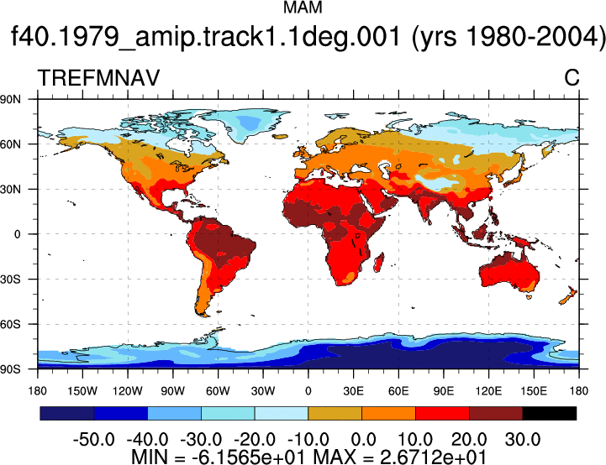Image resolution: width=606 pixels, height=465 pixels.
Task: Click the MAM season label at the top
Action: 303,8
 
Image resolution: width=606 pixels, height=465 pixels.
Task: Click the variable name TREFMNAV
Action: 98,78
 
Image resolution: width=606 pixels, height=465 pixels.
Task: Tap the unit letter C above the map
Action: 572,78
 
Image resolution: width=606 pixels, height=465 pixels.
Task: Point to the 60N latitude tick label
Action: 10,144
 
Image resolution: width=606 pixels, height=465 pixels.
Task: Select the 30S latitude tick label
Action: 10,279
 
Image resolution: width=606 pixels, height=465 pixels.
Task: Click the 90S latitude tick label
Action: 10,369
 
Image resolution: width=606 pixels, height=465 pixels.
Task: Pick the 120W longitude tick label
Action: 128,391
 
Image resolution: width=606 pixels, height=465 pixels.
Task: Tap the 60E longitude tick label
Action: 398,391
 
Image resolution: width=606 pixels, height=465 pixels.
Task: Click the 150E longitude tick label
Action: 534,391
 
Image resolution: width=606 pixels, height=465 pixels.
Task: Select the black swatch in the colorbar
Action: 549,413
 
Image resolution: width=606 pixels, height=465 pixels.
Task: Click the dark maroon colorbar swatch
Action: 496,413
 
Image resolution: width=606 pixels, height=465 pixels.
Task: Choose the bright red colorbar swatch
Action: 442,413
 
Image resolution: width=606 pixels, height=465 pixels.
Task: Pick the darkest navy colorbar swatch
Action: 67,413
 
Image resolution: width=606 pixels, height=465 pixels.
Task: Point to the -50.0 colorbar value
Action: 93,439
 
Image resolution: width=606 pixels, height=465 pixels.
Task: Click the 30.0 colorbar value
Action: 523,439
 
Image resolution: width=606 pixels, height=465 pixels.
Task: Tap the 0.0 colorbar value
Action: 362,439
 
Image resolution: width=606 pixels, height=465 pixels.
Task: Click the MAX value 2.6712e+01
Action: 433,457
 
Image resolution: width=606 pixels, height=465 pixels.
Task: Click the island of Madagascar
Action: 379,263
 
